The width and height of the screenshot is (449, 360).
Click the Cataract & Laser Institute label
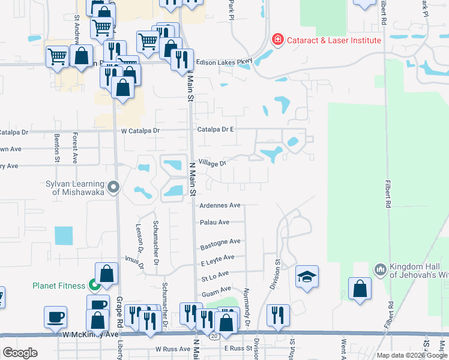pos(334,40)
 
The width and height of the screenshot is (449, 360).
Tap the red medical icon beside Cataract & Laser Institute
pos(277,40)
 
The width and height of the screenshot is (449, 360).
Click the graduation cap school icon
pos(307,277)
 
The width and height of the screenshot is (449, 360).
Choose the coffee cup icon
pos(56,316)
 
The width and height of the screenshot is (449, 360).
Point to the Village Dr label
pos(212,163)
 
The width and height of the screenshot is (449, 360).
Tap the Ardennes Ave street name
pos(220,205)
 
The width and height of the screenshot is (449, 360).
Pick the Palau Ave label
pos(215,222)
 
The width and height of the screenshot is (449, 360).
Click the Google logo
pos(20,353)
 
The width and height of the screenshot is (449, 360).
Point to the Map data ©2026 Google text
pos(411,355)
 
